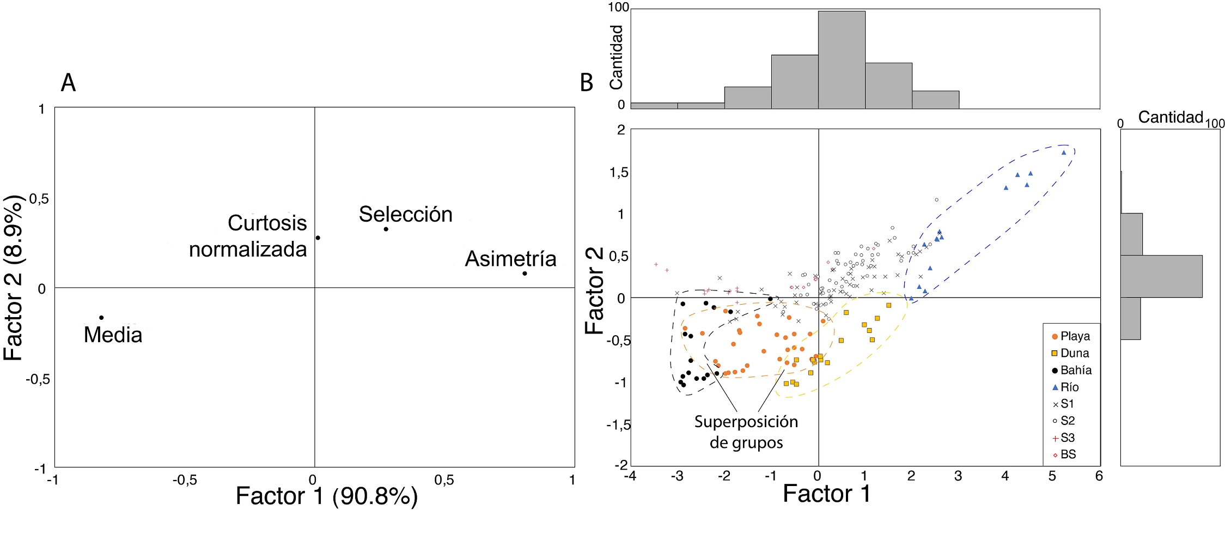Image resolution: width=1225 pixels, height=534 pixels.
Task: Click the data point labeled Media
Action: (101, 318)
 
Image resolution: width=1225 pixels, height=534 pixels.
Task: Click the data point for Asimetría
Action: (525, 273)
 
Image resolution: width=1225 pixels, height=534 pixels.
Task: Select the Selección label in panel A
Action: (405, 214)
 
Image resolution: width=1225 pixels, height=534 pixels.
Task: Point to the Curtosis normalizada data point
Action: (318, 238)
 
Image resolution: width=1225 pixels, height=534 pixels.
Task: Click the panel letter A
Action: (68, 83)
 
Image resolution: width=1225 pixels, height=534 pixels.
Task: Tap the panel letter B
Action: (587, 83)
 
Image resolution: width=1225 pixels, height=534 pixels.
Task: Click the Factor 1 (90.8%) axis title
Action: (326, 496)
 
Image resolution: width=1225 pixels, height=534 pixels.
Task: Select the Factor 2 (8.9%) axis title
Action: (14, 278)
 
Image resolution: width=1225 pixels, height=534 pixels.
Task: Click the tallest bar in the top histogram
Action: (842, 60)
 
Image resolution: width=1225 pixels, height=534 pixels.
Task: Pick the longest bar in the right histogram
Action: (1161, 276)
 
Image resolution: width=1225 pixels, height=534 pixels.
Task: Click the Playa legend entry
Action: (1070, 336)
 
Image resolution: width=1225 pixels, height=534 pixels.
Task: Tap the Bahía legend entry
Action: (1071, 370)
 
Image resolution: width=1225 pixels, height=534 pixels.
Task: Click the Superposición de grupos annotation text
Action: (746, 432)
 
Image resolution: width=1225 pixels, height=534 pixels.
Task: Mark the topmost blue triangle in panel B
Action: (1064, 153)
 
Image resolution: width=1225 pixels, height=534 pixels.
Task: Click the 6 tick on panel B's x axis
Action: (1099, 476)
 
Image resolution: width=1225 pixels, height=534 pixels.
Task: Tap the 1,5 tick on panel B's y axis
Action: (619, 173)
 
